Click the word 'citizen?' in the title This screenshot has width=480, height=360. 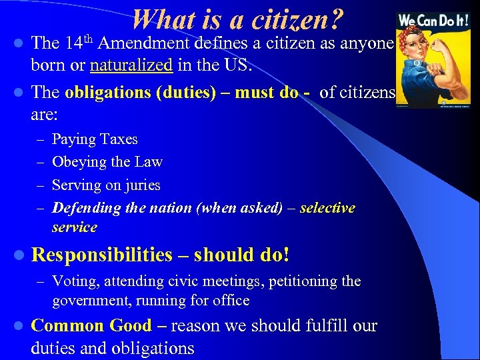pos(298,21)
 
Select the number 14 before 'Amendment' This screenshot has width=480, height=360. pos(75,44)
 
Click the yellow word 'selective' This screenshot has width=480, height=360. pos(327,208)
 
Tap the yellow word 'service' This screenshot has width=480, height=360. pos(75,227)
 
